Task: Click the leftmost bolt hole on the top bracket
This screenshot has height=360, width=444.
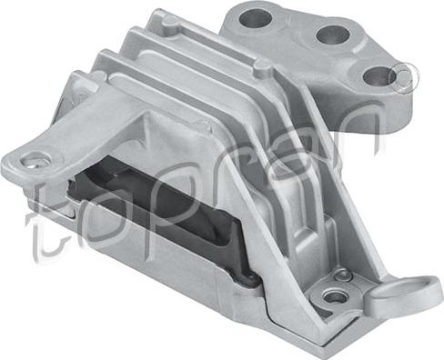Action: coord(256,18)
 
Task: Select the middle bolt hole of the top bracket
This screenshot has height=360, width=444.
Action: coord(333,34)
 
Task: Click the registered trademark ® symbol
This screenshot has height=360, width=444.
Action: coord(404,78)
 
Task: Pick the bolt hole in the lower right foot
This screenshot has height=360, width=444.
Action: coord(335,296)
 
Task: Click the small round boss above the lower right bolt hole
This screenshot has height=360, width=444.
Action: coord(343,275)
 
